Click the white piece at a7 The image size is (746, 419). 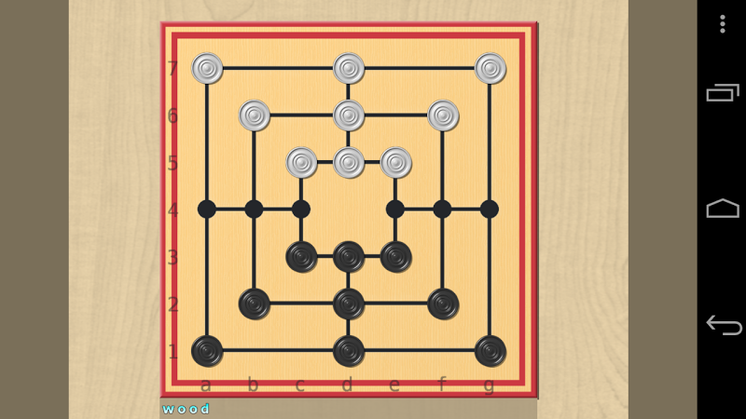[207, 68]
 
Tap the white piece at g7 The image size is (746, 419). [490, 68]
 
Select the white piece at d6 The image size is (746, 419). [349, 115]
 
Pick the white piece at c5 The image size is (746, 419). [301, 162]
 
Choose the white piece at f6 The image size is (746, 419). [443, 115]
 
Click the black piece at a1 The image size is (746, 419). [207, 351]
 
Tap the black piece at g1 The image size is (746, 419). [490, 351]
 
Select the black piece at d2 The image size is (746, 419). [349, 304]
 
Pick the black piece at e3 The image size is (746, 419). [395, 257]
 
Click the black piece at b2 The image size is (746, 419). [255, 304]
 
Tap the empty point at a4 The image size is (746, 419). [207, 209]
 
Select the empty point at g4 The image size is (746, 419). [490, 209]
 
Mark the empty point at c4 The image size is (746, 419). [301, 209]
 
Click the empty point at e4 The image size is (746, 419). [395, 209]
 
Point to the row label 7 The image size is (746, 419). [173, 69]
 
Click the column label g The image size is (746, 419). [489, 385]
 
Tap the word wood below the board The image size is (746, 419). [186, 409]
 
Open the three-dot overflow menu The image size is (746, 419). [722, 24]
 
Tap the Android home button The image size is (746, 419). [723, 208]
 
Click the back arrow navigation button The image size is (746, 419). [724, 325]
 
